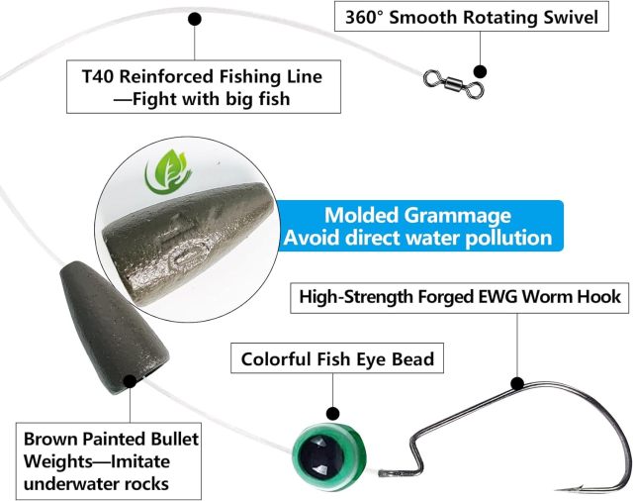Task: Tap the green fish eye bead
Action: pos(329,456)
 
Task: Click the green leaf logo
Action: pos(168,171)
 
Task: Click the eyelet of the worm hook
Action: pos(385,472)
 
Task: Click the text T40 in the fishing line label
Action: pos(97,76)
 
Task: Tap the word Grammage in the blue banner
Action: pos(457,216)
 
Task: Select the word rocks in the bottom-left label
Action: pos(146,483)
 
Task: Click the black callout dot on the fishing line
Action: pos(195,19)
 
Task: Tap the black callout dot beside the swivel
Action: pos(480,71)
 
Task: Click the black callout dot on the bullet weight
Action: pos(130,381)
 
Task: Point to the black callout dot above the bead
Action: pos(333,413)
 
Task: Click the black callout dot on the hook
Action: pos(517,383)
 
